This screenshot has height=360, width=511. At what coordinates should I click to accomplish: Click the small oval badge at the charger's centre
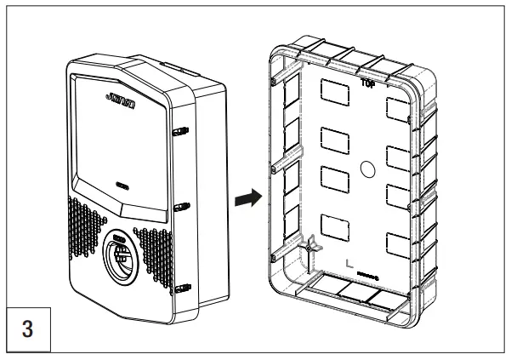pos(119,182)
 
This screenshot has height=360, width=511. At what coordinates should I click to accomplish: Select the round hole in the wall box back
pos(368,169)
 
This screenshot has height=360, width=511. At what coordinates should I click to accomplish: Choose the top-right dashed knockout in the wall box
pos(399,107)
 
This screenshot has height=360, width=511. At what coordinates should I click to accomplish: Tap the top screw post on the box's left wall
pos(274,82)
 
